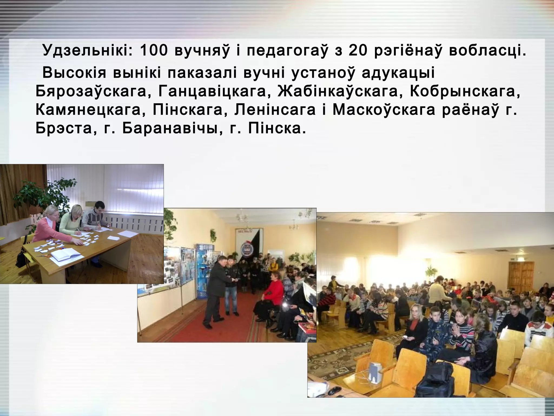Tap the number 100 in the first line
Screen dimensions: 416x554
click(154, 50)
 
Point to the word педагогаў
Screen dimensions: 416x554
click(287, 51)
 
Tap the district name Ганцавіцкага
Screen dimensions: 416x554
click(213, 92)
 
